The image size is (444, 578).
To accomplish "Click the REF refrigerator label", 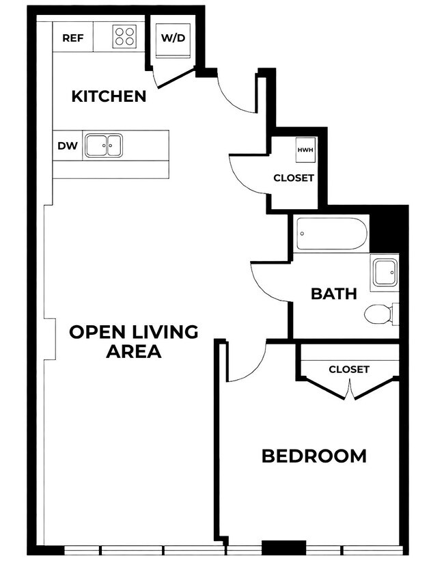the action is (73, 38).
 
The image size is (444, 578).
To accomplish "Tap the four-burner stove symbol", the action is (124, 36).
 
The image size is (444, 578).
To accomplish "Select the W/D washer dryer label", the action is (173, 38).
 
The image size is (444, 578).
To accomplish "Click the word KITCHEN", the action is (109, 96).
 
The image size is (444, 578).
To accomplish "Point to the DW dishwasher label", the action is (68, 146).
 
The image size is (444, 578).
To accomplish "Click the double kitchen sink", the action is (104, 146).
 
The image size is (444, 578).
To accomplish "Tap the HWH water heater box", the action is (305, 150).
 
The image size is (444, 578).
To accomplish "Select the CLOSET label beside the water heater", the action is (294, 178).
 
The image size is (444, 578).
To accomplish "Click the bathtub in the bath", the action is (332, 234).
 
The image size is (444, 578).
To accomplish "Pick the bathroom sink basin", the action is (385, 273).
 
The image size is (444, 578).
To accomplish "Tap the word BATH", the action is (334, 294).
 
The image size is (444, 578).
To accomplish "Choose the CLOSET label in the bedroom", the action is (349, 370).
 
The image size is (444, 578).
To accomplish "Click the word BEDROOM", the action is (314, 456).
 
